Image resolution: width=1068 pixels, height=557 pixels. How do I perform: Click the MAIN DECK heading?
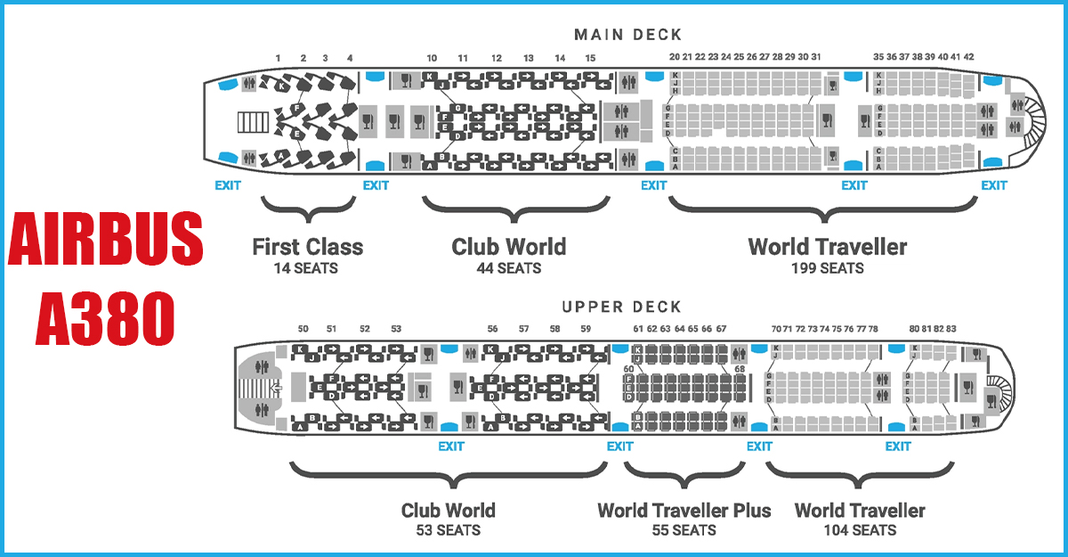[x=627, y=35]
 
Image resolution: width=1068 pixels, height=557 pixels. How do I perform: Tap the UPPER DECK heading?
[x=621, y=307]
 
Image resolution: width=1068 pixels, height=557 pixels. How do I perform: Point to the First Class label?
[x=307, y=246]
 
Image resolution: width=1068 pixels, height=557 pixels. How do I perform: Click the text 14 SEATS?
[x=307, y=267]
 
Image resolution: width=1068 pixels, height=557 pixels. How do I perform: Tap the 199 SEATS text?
[x=827, y=267]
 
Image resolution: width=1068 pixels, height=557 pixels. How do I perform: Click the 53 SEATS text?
[x=448, y=530]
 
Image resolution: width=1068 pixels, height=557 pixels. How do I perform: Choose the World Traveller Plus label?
[x=684, y=511]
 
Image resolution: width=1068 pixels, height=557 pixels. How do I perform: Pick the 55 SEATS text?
[x=684, y=530]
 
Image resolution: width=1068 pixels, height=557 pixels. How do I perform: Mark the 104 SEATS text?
[x=860, y=530]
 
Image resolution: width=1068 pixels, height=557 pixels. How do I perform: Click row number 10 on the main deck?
[x=432, y=58]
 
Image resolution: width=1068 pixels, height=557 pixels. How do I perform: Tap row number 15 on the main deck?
[x=590, y=58]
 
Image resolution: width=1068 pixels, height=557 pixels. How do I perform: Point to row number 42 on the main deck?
[x=968, y=57]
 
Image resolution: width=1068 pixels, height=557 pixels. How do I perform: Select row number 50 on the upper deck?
[x=303, y=329]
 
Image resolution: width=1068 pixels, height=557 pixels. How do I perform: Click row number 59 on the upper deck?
[x=586, y=329]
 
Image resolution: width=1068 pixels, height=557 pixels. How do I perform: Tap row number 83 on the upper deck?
[x=951, y=329]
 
